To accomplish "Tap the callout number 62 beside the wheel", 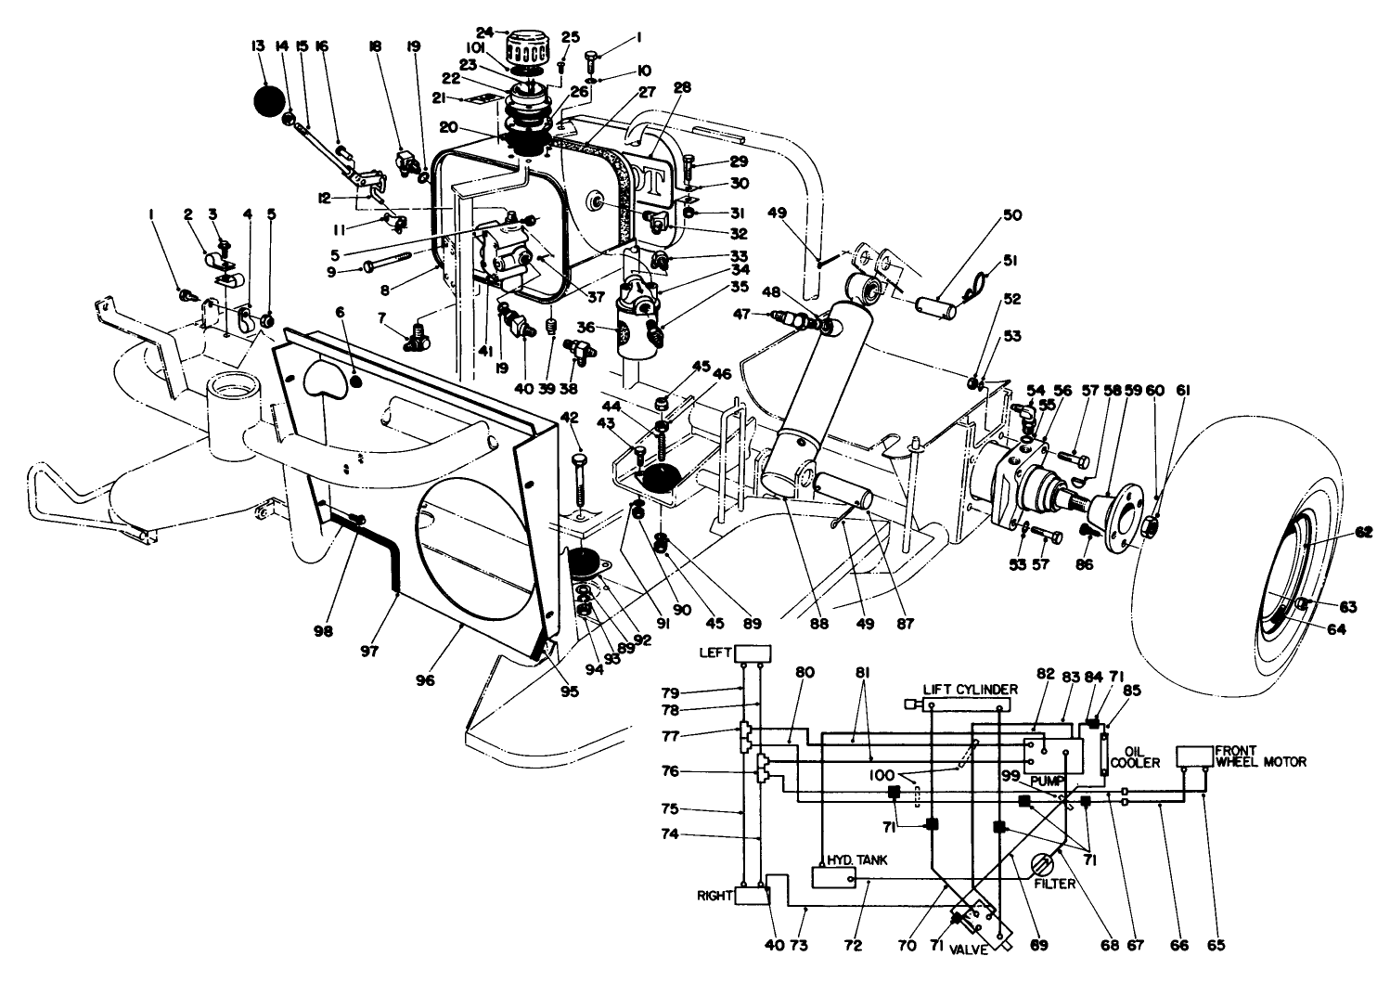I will click(1362, 533).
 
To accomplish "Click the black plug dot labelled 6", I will click(356, 381).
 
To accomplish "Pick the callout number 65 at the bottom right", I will click(1216, 946).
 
